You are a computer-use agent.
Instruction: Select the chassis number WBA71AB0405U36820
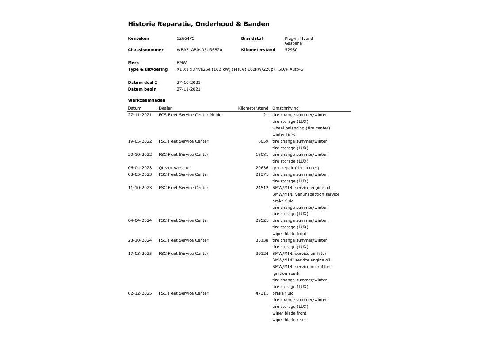199,50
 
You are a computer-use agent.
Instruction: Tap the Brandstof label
252,38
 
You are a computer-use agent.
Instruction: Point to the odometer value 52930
291,50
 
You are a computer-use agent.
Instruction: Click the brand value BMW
182,63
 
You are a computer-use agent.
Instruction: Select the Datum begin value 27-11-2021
188,89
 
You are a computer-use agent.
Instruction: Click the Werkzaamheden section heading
146,100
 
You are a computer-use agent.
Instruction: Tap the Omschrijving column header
285,108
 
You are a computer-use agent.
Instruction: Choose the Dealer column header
165,108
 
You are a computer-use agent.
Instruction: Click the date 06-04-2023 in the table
140,168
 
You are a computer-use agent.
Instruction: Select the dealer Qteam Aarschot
175,168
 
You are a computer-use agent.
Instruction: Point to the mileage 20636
262,168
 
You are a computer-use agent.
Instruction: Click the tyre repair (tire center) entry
295,168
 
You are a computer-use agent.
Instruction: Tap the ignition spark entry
286,273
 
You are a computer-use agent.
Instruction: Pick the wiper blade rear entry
288,320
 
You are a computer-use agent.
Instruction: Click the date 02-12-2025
140,293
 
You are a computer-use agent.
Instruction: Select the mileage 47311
262,293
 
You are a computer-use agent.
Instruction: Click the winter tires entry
283,135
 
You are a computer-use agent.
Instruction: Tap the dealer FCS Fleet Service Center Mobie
190,115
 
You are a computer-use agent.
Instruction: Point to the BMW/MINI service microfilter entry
301,267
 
